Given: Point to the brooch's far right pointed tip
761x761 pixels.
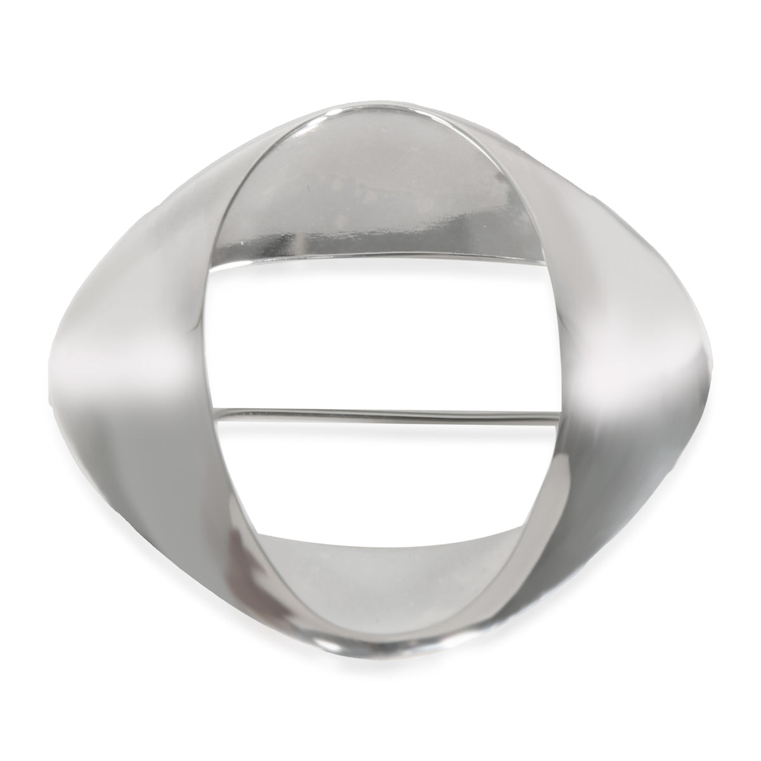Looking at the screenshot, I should pos(709,355).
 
